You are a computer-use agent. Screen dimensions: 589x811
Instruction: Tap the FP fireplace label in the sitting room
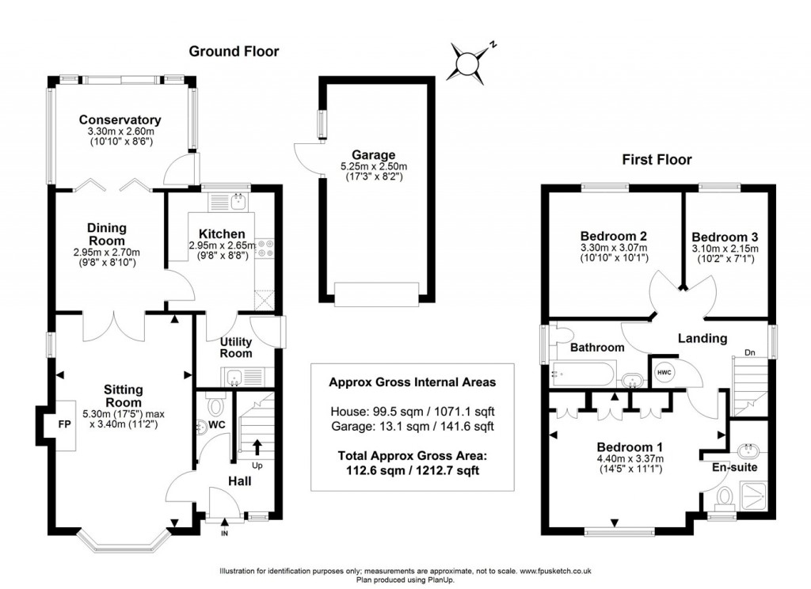(x=63, y=422)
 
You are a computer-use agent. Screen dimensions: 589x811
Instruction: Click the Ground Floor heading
(x=234, y=51)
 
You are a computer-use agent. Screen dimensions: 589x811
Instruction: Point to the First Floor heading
(x=657, y=160)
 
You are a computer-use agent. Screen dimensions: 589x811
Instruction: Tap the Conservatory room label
(x=120, y=120)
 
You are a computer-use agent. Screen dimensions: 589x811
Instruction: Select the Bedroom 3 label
(x=725, y=237)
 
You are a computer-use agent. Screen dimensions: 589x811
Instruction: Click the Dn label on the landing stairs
(x=749, y=353)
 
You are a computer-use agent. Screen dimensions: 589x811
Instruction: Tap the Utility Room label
(x=236, y=347)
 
